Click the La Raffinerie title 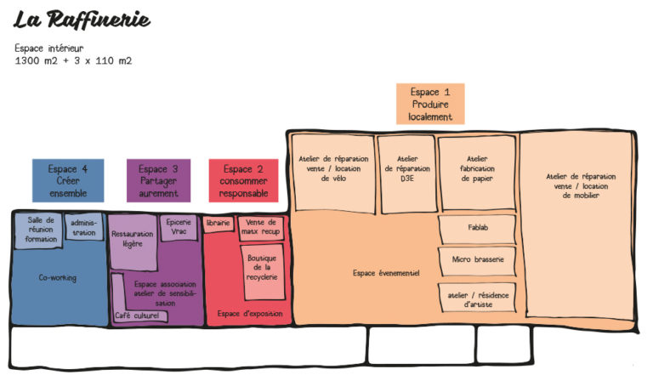(x=82, y=20)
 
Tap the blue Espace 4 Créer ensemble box (x=68, y=180)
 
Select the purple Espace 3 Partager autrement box (x=158, y=180)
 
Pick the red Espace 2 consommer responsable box (x=244, y=180)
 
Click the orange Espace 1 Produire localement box (x=430, y=104)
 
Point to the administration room (x=84, y=227)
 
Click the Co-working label (x=58, y=277)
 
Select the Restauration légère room (x=133, y=241)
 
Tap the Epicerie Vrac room (x=179, y=228)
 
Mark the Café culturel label (x=137, y=315)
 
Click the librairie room (x=219, y=224)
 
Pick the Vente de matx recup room (x=261, y=228)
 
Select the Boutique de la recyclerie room (x=262, y=271)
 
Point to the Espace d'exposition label (x=250, y=313)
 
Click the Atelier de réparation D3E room (x=407, y=173)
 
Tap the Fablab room (x=477, y=229)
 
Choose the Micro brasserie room (x=478, y=261)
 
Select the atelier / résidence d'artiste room (x=478, y=298)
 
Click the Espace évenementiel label (x=386, y=273)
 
